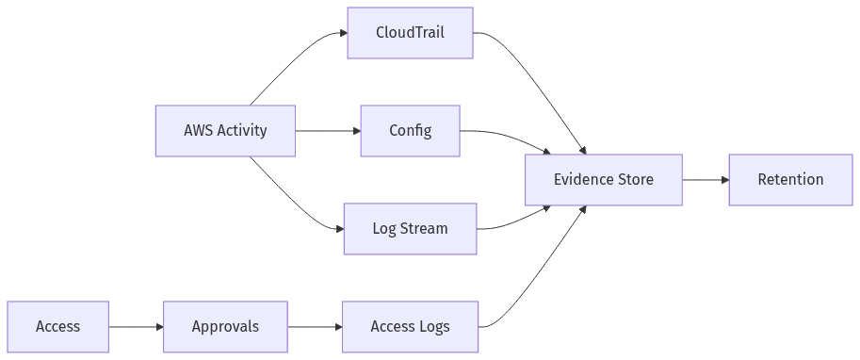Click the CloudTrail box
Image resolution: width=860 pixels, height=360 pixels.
point(410,33)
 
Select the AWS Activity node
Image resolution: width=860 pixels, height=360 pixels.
point(225,131)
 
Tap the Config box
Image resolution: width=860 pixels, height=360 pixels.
point(410,131)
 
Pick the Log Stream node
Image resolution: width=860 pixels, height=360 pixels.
point(410,229)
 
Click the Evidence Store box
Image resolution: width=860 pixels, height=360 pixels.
point(603,180)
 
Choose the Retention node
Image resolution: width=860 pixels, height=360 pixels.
point(790,180)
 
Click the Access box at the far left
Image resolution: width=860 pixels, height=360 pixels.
point(57,327)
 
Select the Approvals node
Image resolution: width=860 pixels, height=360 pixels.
point(225,327)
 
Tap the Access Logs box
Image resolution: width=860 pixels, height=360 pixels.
point(410,327)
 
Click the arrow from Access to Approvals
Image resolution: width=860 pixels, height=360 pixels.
point(136,327)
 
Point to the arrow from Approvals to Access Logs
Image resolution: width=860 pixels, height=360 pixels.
point(315,327)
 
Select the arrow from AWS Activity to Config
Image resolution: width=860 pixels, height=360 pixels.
point(327,131)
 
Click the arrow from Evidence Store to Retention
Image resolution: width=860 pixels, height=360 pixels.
point(705,180)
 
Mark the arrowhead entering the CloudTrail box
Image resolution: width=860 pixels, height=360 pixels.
point(342,33)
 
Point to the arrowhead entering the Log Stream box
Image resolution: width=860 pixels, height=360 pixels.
point(338,229)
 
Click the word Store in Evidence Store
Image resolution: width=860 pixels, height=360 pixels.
point(634,180)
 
